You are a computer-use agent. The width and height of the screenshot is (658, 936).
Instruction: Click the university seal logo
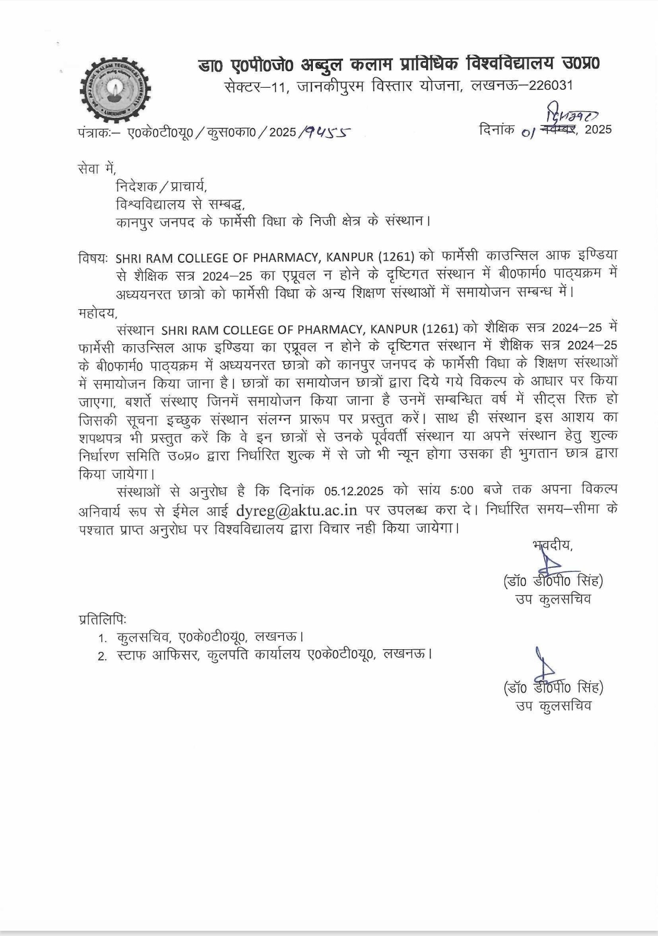point(115,90)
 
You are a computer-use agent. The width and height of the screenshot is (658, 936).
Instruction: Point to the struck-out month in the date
point(558,129)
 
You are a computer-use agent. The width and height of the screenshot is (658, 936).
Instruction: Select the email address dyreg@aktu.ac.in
point(297,510)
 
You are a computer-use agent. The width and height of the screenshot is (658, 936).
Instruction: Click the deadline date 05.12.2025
point(354,491)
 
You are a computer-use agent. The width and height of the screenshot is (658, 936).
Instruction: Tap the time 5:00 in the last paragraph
point(461,491)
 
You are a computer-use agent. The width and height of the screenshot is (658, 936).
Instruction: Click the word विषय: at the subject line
point(93,258)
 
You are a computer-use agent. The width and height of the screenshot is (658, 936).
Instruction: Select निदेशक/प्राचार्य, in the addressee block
point(161,186)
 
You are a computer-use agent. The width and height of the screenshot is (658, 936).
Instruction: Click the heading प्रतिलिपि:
point(102,619)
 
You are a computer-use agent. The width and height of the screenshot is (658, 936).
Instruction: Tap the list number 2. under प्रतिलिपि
point(102,656)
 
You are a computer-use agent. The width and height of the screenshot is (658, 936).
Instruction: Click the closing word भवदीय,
point(553,545)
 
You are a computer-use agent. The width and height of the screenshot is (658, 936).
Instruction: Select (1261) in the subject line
point(396,258)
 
